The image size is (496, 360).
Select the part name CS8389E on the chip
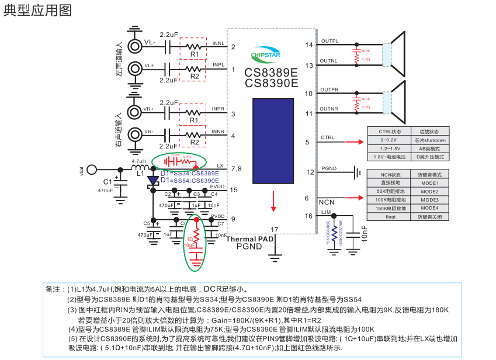click(271, 73)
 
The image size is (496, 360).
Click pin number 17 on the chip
click(275, 229)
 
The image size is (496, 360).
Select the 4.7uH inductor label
click(138, 161)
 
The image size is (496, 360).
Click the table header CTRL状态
click(390, 131)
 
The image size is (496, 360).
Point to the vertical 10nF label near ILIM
click(364, 234)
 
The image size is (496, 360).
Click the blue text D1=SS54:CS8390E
click(190, 181)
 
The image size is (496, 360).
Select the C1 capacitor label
click(107, 182)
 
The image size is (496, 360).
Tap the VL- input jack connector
click(134, 43)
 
